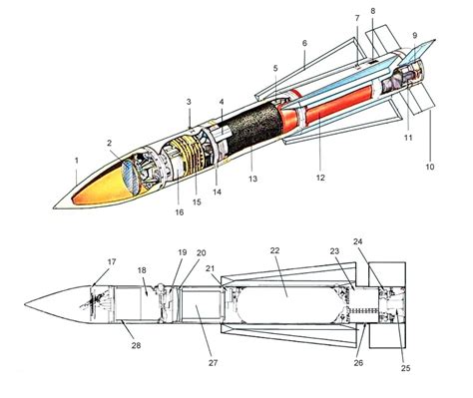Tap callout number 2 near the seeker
tap(112, 144)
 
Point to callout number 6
tap(305, 46)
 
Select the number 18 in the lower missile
tap(142, 270)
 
